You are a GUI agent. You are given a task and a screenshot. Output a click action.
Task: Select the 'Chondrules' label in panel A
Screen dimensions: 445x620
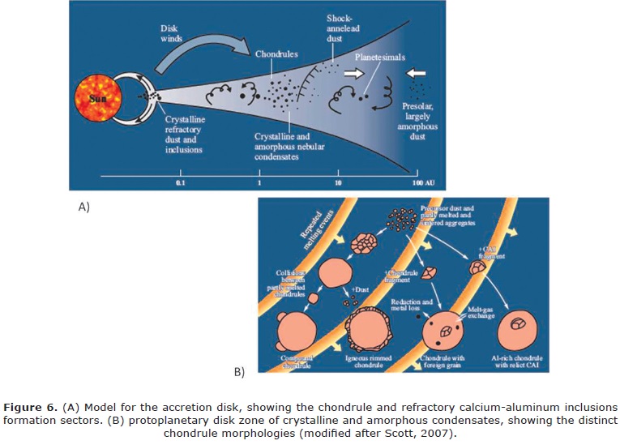point(278,53)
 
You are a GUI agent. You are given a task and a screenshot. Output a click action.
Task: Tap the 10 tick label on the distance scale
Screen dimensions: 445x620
point(338,184)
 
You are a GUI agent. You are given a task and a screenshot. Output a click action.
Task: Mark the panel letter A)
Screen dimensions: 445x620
point(83,208)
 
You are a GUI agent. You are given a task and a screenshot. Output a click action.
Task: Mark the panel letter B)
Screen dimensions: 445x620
point(239,374)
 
